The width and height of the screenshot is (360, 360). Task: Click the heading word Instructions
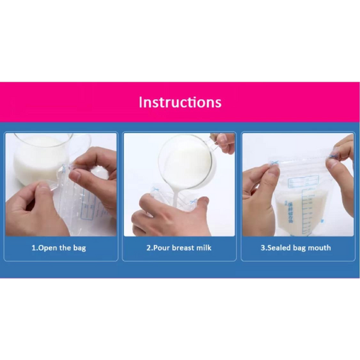(180, 102)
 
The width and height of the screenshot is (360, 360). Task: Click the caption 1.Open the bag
(58, 248)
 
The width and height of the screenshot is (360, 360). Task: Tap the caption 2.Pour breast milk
(179, 248)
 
